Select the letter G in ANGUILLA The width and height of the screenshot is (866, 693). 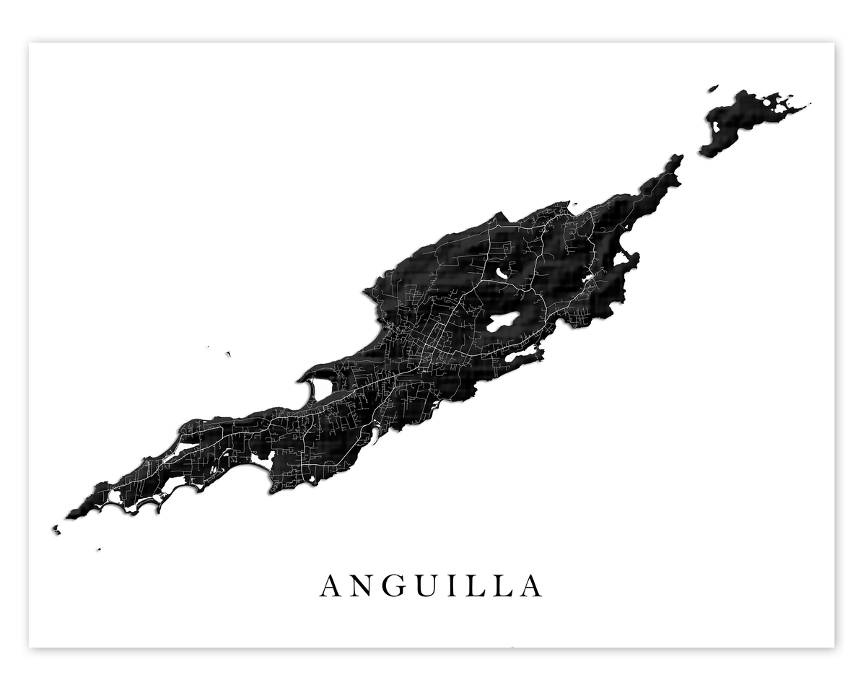click(x=395, y=586)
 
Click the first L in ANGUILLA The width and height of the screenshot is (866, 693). click(x=476, y=586)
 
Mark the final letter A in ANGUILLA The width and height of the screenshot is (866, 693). click(x=530, y=586)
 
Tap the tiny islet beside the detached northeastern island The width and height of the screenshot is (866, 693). click(x=713, y=88)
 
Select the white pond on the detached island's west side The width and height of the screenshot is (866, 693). click(x=716, y=127)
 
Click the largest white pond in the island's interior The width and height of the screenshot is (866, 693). click(x=504, y=322)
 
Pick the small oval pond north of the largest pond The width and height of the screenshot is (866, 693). click(x=502, y=274)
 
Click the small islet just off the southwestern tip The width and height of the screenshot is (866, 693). click(x=56, y=530)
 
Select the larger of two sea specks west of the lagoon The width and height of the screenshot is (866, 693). click(x=228, y=354)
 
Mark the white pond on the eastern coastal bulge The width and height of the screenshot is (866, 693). click(x=620, y=258)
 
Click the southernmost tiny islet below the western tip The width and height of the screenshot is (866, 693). click(x=99, y=549)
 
